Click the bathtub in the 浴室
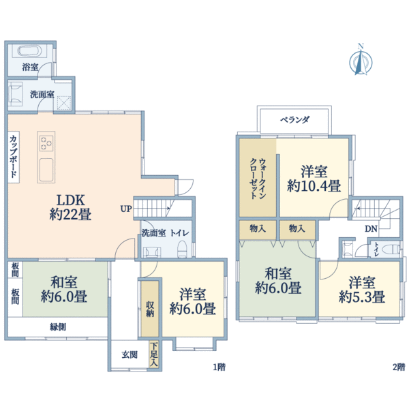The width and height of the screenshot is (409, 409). pos(29,51)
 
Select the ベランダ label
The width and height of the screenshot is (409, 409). pos(294,120)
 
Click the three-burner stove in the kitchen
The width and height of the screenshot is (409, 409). pos(46,143)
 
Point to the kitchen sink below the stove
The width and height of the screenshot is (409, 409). pos(46,170)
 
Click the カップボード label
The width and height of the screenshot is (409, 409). pos(14,157)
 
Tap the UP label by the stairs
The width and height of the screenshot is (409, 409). pos(126,209)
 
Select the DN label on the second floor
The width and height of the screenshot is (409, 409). pos(371,229)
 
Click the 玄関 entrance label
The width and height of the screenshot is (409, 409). pos(130,354)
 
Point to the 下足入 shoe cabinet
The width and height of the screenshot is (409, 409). pos(153,354)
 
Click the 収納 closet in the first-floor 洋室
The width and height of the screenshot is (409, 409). pos(150,309)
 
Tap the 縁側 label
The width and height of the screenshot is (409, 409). pos(58,327)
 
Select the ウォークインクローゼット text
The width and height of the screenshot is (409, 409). pos(258,179)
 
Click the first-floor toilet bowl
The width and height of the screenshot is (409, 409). pos(182,249)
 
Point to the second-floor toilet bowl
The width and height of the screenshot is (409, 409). pos(391,249)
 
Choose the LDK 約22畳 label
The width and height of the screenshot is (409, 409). pos(70,207)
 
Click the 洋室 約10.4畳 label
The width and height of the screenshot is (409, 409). pos(314,179)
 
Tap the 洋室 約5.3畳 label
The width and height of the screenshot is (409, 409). pos(362,290)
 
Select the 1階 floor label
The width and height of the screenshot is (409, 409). pos(219,367)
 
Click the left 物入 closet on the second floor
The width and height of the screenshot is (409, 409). pos(258,229)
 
